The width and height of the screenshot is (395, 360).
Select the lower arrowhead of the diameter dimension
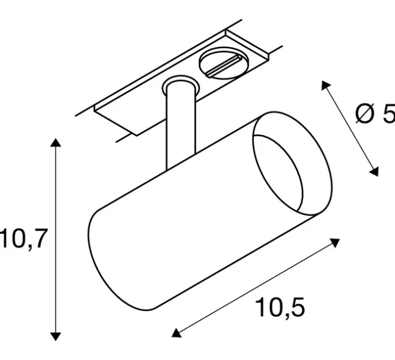(375, 171)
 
